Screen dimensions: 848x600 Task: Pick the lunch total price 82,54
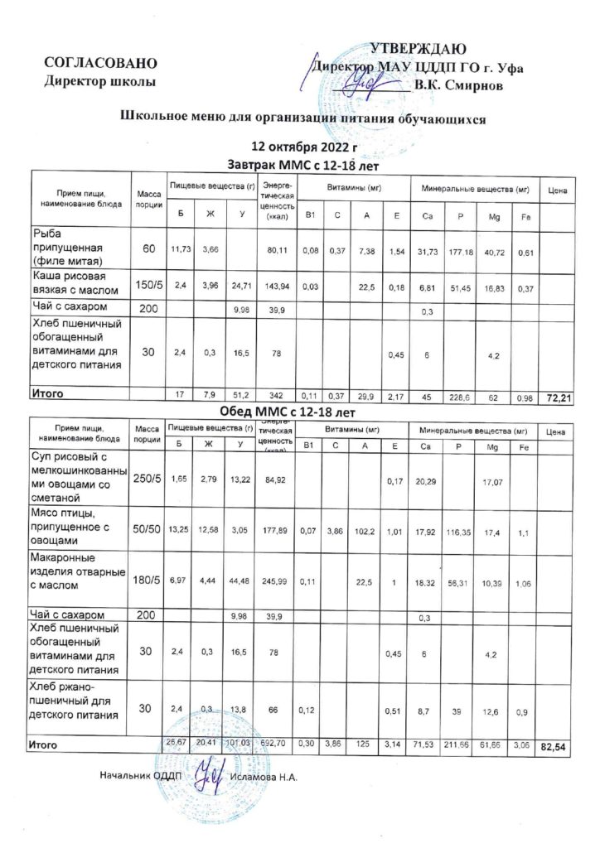pos(554,748)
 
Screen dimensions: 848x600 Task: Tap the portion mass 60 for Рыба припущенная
pos(148,249)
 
